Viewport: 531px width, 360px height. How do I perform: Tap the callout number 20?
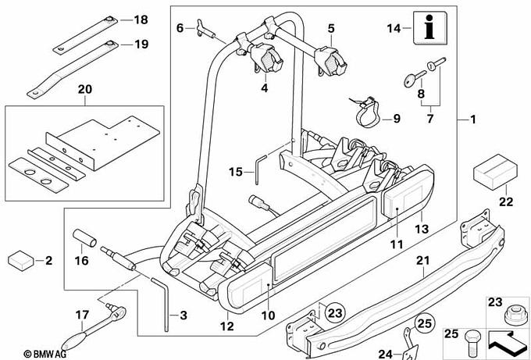tap(84, 90)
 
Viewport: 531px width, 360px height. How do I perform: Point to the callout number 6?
tap(180, 28)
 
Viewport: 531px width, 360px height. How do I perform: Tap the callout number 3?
tap(184, 315)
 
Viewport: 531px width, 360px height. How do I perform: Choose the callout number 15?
tap(236, 171)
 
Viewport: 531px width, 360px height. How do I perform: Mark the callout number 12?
tap(227, 326)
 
